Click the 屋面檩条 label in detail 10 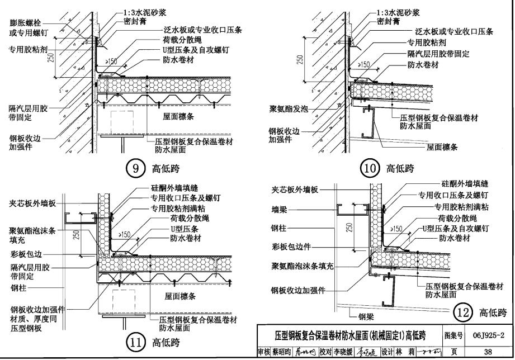[x=442, y=148]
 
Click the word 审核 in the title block [x=264, y=352]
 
